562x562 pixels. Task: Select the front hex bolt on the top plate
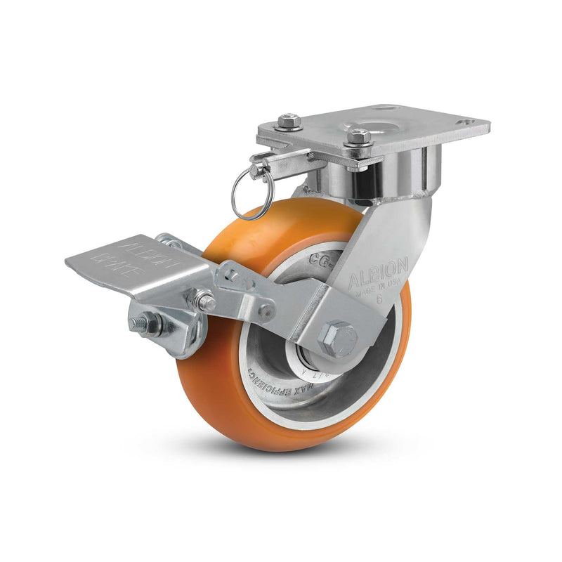click(359, 137)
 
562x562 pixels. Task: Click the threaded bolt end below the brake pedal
click(139, 325)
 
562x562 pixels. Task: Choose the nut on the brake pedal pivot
click(204, 302)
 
